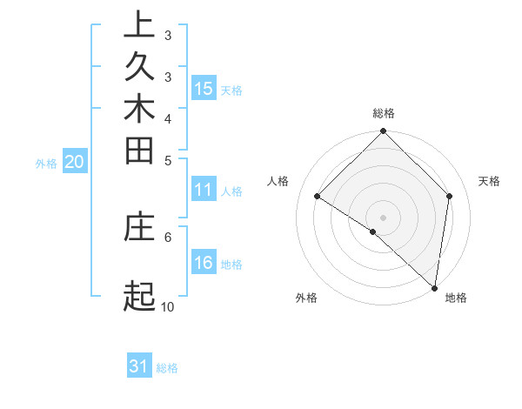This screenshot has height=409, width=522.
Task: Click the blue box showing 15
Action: (x=204, y=88)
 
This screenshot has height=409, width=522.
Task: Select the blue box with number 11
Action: (x=204, y=191)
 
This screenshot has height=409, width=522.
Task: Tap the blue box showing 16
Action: (x=204, y=263)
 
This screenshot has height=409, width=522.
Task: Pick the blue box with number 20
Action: (x=75, y=161)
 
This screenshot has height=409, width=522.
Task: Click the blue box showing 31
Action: (x=139, y=366)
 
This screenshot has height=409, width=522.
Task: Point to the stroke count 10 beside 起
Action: (x=168, y=306)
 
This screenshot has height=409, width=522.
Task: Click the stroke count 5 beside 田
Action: (x=168, y=160)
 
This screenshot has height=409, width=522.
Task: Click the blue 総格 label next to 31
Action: (x=167, y=368)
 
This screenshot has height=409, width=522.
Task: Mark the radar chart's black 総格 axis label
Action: (x=384, y=113)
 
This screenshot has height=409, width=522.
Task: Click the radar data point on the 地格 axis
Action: (x=434, y=287)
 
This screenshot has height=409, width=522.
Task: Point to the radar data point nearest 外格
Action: (x=373, y=231)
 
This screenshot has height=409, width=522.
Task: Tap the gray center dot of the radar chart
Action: (x=384, y=217)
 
